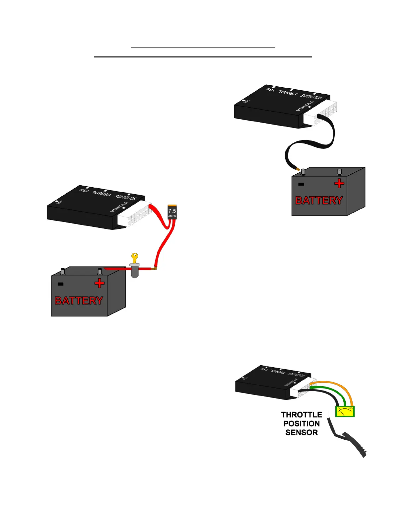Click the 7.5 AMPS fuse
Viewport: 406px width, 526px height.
pos(172,212)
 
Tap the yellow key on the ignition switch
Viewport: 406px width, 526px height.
pos(135,257)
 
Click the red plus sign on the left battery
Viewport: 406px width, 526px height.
pos(99,283)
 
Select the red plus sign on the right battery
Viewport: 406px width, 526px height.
pos(339,183)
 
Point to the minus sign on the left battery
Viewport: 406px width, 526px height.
pos(60,284)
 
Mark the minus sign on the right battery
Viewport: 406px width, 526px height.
pos(301,184)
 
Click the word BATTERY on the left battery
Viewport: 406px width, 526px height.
pos(79,301)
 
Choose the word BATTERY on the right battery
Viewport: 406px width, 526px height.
pos(319,201)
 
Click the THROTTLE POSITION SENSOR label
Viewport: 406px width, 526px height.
pos(302,424)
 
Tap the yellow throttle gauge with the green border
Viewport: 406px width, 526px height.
pos(345,412)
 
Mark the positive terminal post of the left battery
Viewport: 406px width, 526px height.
pos(100,271)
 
